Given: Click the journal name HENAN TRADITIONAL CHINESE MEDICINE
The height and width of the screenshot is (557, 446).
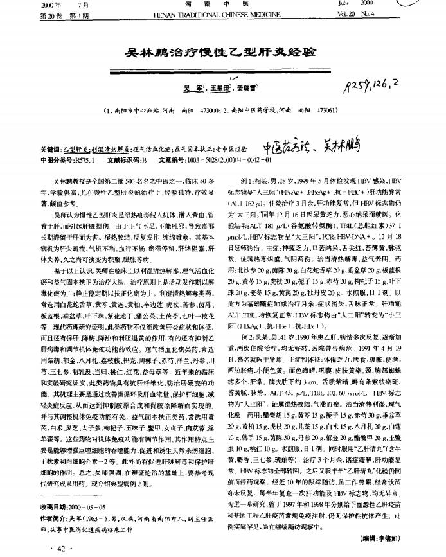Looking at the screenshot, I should (x=222, y=13).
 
